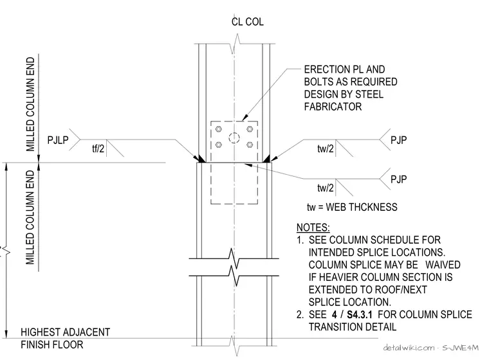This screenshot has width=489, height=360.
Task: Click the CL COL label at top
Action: [247, 22]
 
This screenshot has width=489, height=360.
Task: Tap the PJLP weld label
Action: [58, 140]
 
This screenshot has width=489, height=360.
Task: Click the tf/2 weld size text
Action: [98, 148]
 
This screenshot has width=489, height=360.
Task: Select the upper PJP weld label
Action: [398, 140]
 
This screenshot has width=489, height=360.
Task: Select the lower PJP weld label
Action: [398, 179]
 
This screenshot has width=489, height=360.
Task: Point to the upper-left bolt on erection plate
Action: [219, 129]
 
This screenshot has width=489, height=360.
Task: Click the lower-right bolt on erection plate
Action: [250, 145]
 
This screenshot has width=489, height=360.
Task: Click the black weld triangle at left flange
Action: [201, 159]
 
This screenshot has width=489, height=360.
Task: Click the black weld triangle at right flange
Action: [266, 159]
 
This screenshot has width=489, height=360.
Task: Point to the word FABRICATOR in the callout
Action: [333, 107]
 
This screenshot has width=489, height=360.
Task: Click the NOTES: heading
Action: [313, 228]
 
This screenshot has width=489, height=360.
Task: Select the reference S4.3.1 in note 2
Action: [360, 314]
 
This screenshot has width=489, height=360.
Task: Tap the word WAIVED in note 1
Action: [443, 265]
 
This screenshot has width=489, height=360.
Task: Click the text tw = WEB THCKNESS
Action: [352, 207]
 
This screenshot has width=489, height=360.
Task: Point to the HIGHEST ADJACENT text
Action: [66, 332]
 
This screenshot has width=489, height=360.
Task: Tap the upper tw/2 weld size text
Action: [326, 148]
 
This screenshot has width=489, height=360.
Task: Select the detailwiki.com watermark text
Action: [409, 348]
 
